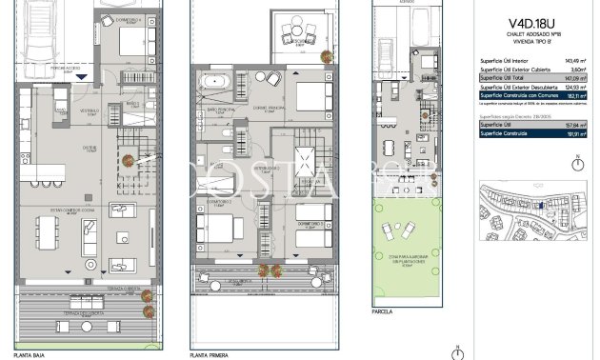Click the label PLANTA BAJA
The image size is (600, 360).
(18, 353)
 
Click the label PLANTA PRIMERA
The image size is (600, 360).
(211, 353)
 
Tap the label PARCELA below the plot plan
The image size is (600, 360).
(383, 310)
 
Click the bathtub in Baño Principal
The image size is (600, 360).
(209, 84)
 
